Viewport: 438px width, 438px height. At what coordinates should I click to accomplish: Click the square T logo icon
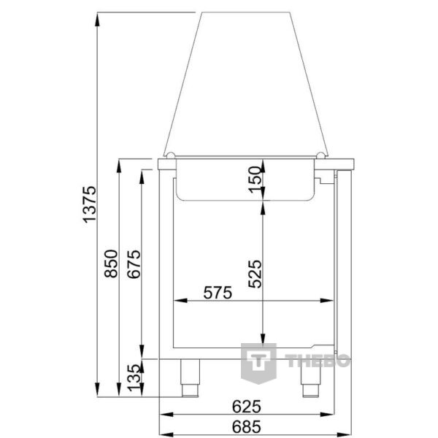click(x=260, y=361)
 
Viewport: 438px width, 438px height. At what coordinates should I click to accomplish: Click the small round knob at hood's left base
click(x=168, y=155)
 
